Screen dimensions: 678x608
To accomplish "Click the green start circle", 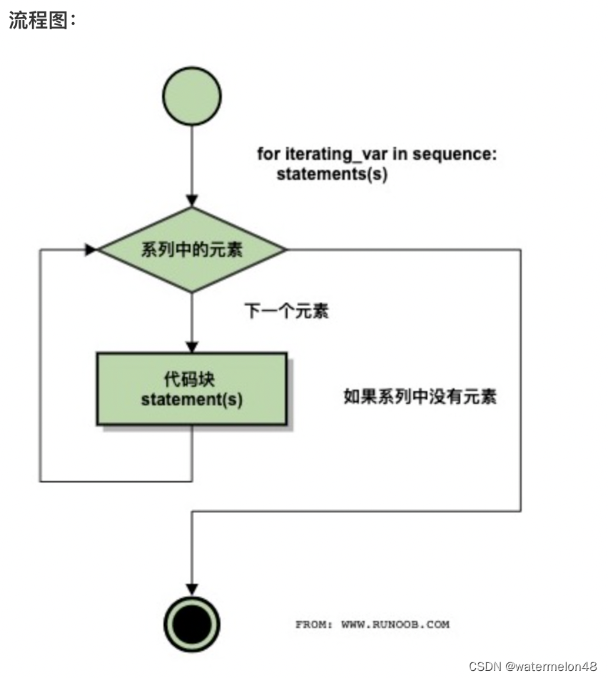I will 192,96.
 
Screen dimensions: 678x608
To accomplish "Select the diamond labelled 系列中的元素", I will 192,250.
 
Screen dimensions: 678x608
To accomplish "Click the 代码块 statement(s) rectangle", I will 192,388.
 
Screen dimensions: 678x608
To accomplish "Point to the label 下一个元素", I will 287,311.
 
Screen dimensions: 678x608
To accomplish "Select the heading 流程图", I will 41,21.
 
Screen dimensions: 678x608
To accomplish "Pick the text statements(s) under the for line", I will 332,173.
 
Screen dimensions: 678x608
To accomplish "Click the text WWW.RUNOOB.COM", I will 395,624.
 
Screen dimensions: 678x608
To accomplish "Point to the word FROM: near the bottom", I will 313,624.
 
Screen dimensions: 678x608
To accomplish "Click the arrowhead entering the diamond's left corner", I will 91,250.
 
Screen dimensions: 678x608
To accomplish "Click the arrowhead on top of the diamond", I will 192,201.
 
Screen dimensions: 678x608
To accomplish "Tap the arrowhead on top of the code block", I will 192,347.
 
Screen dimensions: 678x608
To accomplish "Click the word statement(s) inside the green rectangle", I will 192,400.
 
